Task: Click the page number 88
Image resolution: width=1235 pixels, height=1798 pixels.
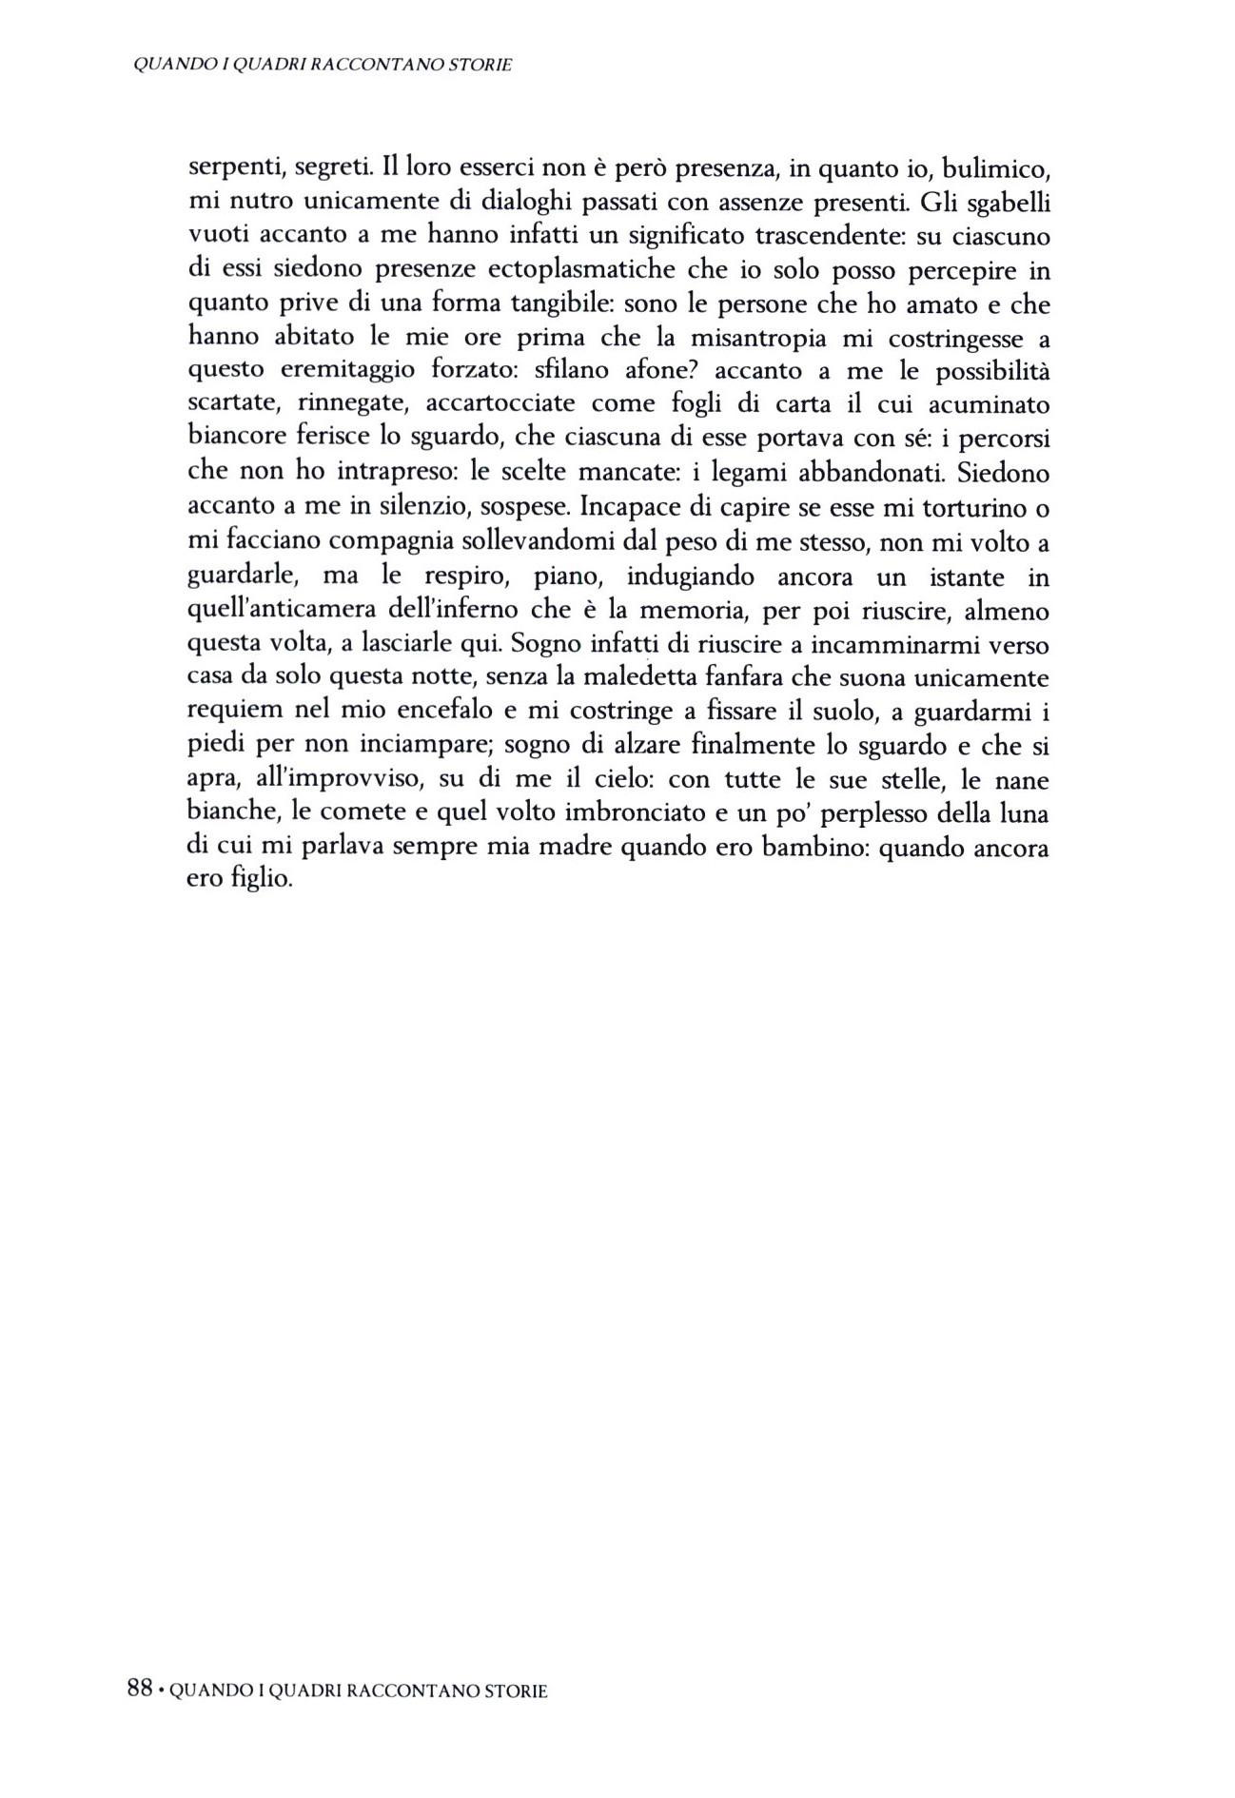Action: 140,1690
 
